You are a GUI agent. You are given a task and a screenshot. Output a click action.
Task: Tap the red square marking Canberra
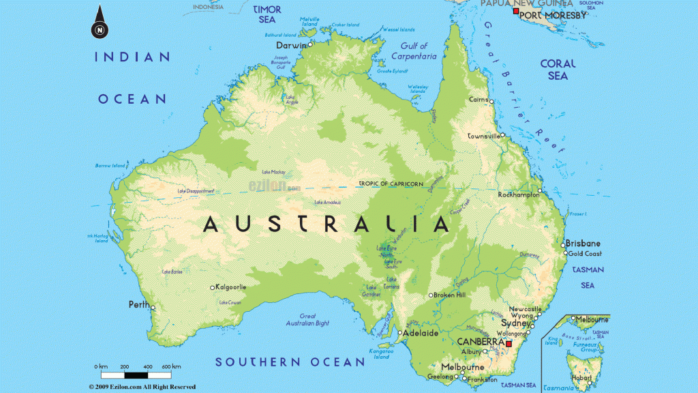pos(509,343)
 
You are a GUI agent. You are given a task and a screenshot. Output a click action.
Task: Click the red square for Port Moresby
pos(515,12)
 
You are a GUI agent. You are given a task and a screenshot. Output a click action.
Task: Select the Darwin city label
pos(290,44)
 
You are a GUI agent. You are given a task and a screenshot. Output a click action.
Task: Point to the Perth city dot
pos(153,308)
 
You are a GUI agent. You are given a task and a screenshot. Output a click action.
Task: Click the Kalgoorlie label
pos(231,287)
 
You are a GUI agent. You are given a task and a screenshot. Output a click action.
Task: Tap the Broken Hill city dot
pos(430,295)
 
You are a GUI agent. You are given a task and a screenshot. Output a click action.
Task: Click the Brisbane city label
pos(584,243)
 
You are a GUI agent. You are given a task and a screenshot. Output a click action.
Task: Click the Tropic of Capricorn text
pos(391,184)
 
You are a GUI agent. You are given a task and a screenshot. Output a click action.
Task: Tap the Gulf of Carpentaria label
pos(414,52)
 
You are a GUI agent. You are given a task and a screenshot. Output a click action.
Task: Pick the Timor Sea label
pos(267,15)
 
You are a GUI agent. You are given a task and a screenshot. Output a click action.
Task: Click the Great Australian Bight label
pos(307,320)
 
